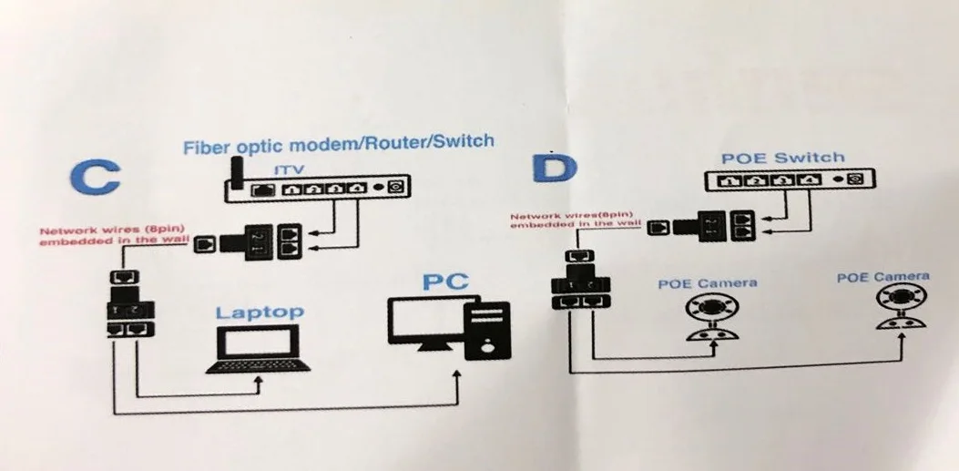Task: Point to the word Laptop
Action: [x=260, y=312]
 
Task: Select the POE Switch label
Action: [x=783, y=159]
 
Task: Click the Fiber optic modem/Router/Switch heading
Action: [x=339, y=143]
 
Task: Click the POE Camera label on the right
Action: [x=882, y=277]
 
